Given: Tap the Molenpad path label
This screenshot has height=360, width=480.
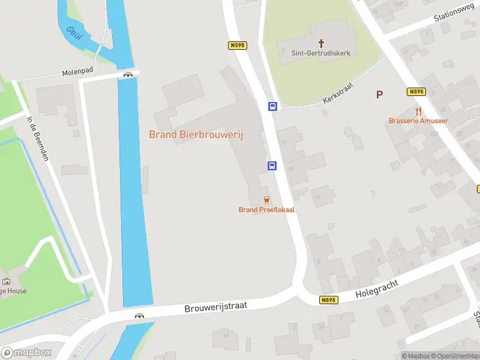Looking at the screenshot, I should pos(77,72).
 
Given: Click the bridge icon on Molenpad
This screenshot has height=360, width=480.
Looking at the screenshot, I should pos(128,74).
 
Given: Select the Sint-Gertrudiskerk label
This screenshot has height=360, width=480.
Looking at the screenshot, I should pos(320,53).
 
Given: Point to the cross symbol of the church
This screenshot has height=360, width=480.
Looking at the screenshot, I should pos(321,43).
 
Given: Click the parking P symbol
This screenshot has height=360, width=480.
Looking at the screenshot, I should pos(379,94).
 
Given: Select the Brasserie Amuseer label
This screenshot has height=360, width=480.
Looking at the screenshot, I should pos(418,121).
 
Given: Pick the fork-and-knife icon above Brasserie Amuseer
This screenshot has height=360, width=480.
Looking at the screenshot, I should pos(418,111).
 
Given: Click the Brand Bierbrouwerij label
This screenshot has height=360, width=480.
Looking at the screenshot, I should pos(196,134).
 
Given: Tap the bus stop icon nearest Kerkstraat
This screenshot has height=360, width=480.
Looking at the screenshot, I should pos(272,107).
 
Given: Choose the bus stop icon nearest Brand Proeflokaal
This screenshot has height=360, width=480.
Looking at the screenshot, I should pos(271,166).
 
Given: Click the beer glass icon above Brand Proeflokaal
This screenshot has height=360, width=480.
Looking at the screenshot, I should pos(266,199).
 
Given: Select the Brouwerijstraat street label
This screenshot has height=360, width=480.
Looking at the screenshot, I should pos(216,307).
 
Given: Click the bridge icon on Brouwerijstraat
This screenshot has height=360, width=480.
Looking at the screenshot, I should pos(139,316).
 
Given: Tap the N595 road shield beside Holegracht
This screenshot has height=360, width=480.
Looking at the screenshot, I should pos(328,300).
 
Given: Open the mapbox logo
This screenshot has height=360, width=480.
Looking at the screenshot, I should pos(26,353).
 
